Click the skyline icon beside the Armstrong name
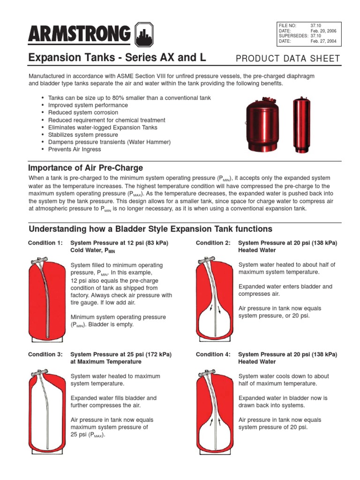click(144, 34)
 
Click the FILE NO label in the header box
click(287, 25)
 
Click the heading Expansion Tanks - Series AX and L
click(117, 58)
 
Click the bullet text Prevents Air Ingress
click(74, 150)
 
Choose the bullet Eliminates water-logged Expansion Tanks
click(103, 127)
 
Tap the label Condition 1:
click(45, 243)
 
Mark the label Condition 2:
click(213, 243)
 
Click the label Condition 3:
click(45, 354)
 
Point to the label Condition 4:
click(213, 354)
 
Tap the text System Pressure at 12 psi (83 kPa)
click(119, 243)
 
